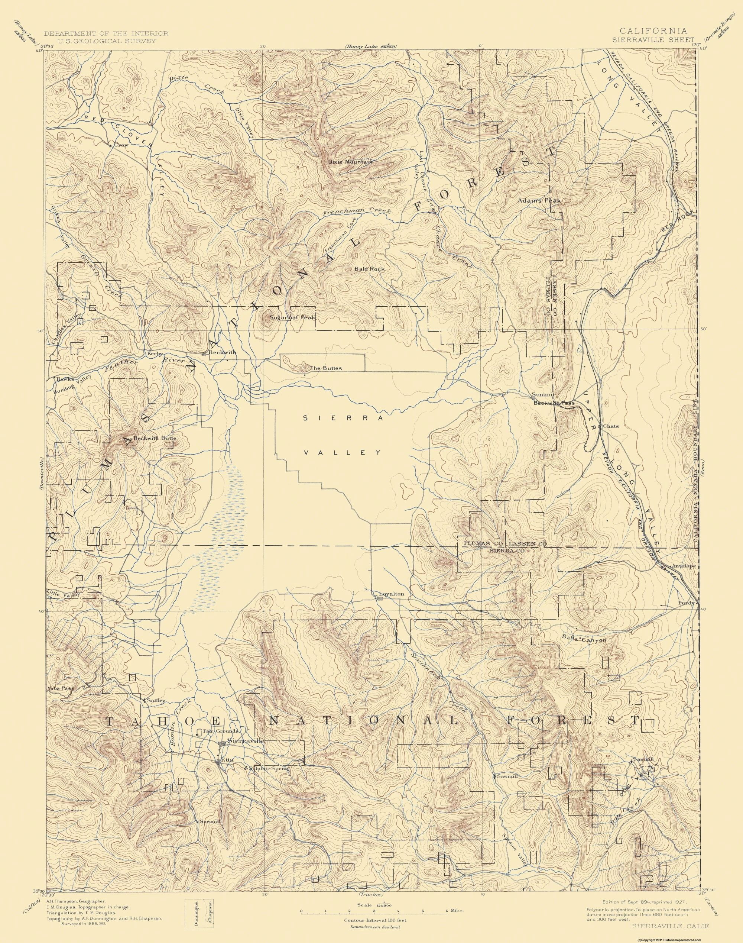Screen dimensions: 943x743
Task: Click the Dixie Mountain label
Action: coord(350,162)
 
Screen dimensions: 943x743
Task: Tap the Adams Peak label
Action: coord(539,201)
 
